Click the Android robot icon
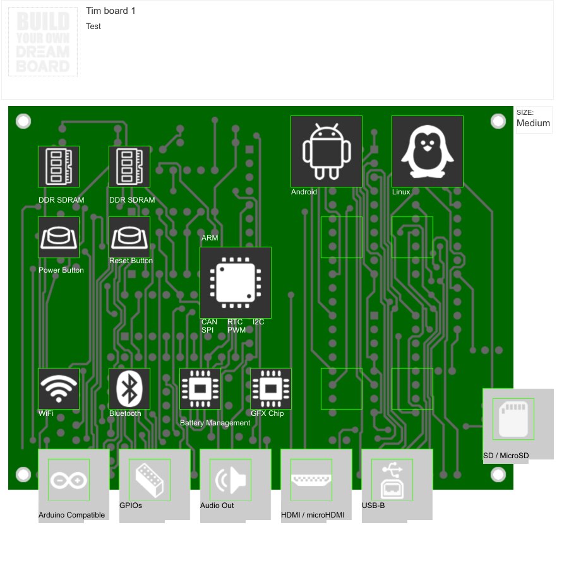(326, 151)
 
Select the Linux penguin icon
(428, 151)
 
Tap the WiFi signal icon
(59, 389)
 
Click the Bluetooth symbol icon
(129, 389)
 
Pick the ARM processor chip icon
(236, 283)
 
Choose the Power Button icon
(59, 237)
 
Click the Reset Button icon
(129, 237)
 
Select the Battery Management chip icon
(200, 389)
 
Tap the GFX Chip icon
(271, 389)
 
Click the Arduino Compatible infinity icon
(69, 480)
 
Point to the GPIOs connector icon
(150, 480)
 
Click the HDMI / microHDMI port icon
(311, 480)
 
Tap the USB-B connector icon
(392, 480)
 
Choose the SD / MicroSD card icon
(513, 419)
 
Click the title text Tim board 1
(111, 11)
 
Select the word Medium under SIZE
(534, 123)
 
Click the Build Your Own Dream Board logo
(43, 42)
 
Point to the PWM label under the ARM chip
(237, 330)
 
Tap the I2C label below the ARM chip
(258, 322)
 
